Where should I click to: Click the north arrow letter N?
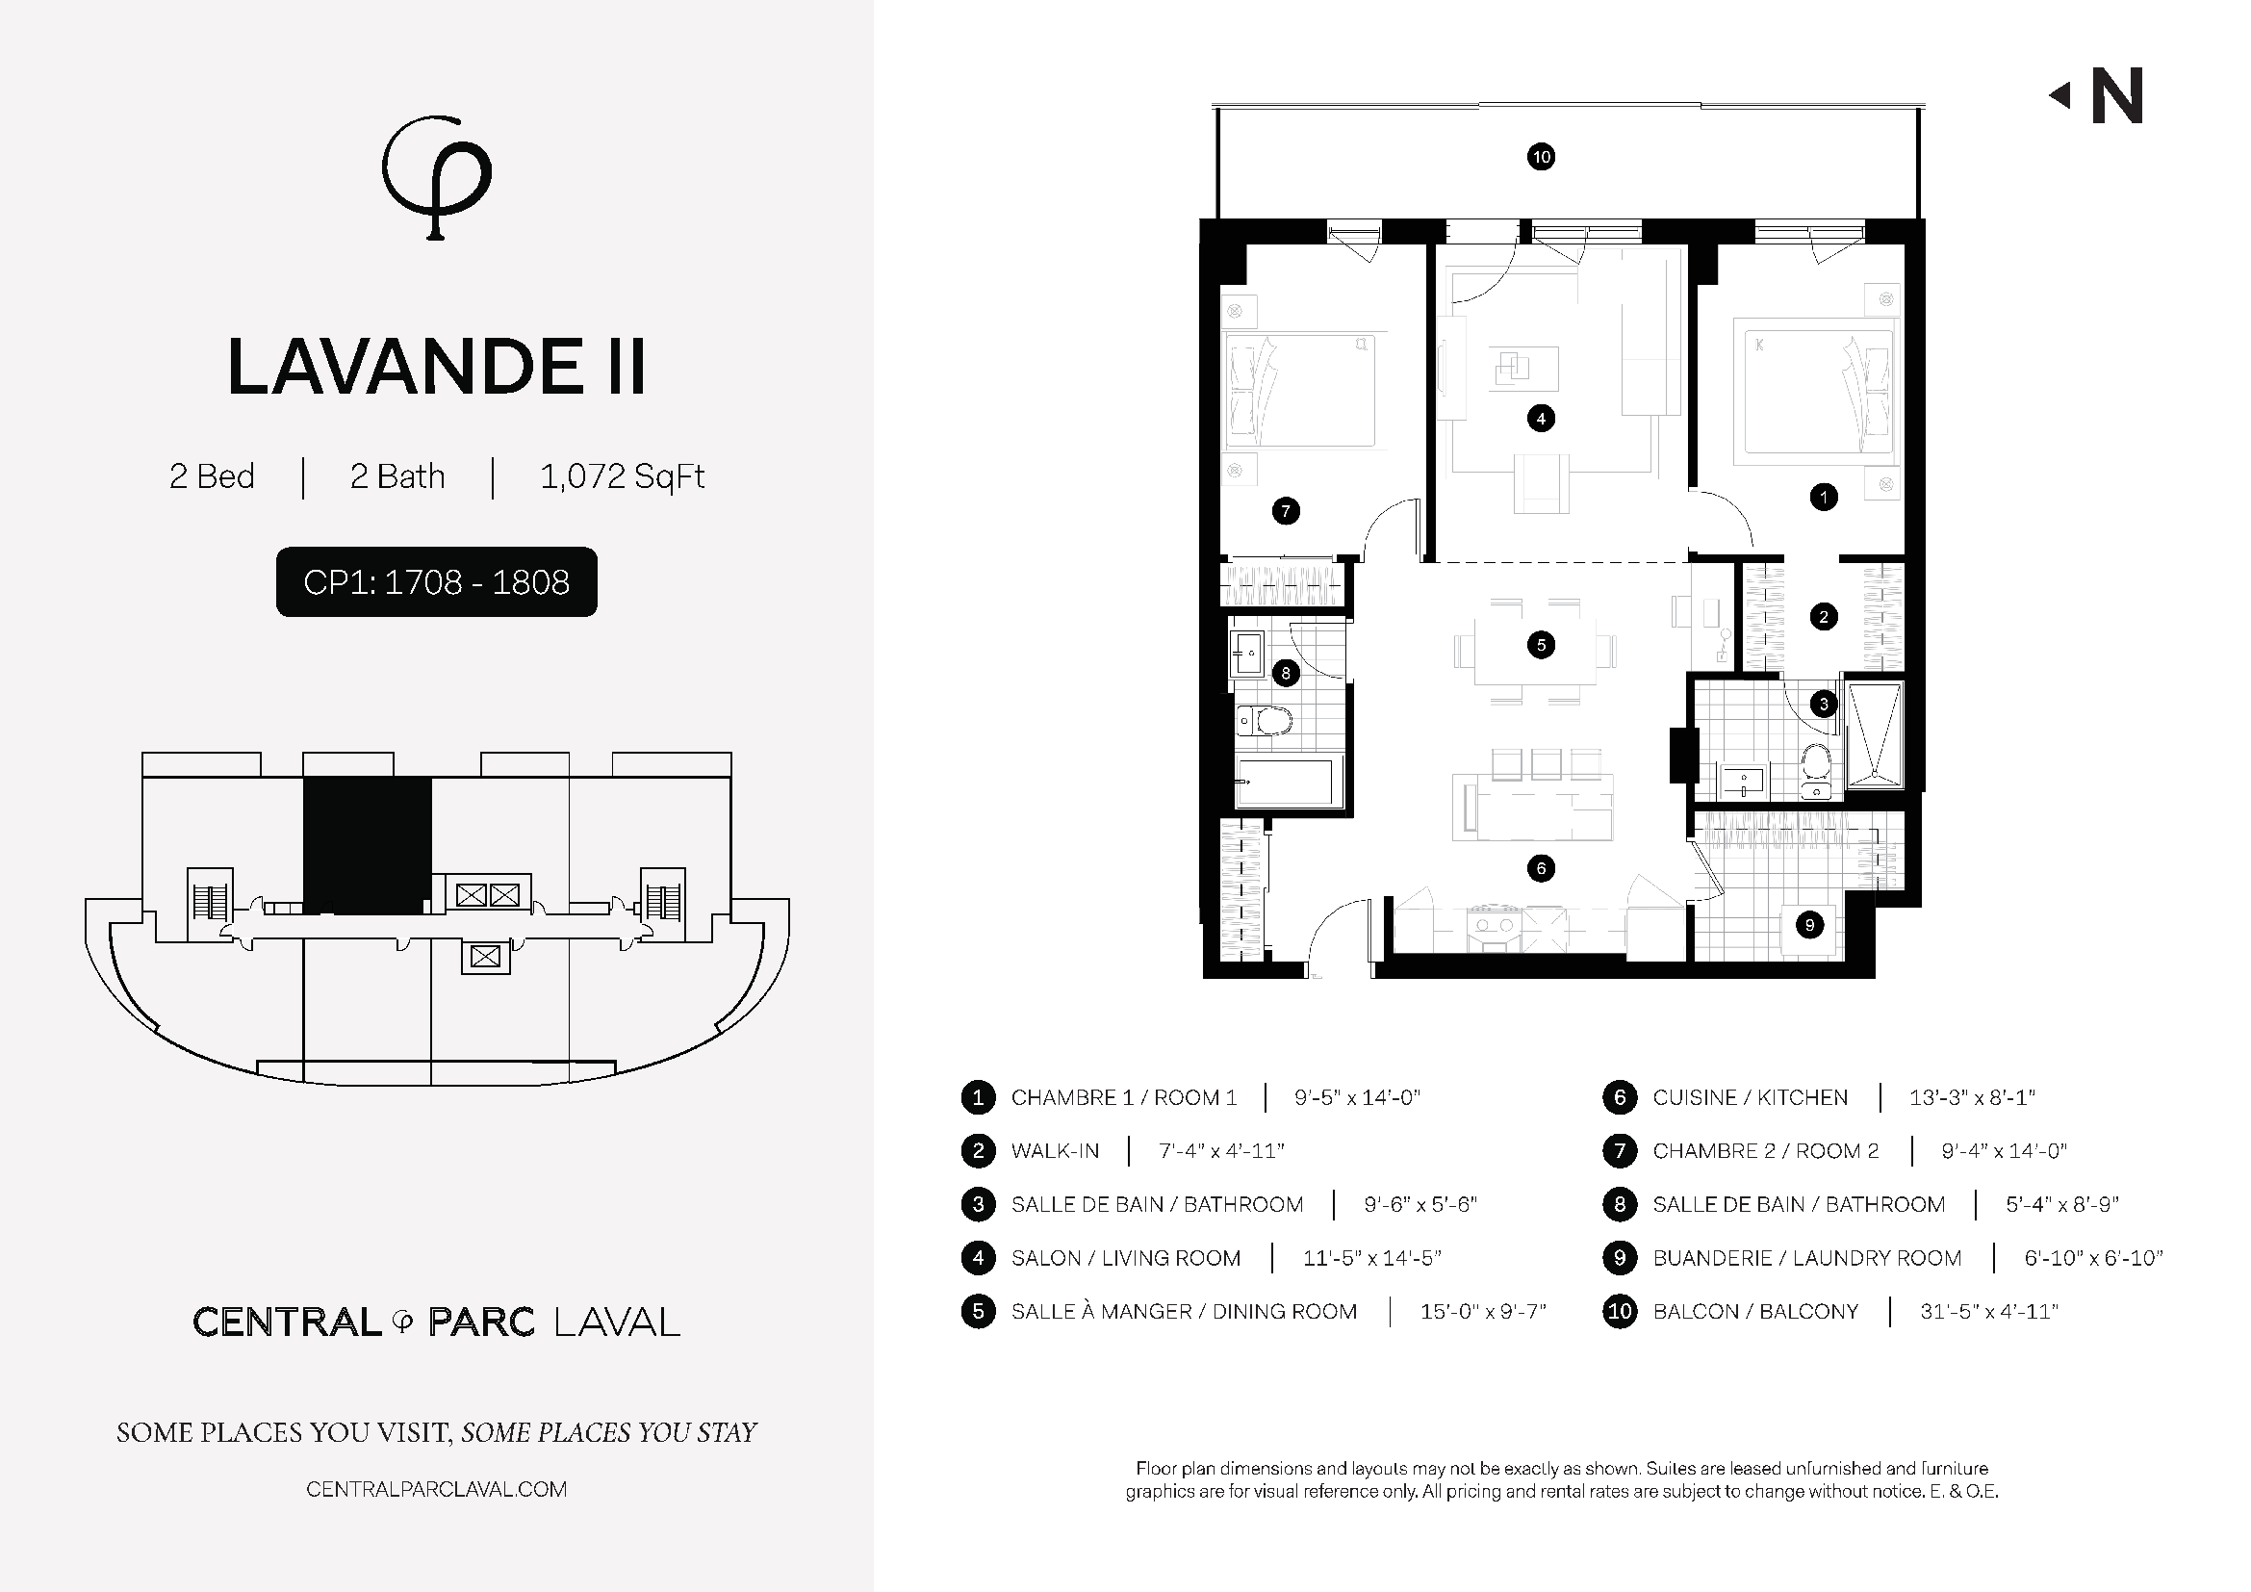[2116, 96]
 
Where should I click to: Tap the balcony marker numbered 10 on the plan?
[1541, 157]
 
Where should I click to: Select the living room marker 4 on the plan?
[1541, 419]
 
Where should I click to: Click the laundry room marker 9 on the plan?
[1810, 924]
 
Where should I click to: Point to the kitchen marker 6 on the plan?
[1541, 867]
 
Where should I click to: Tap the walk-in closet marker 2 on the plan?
[1824, 617]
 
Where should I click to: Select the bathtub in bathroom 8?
[1285, 783]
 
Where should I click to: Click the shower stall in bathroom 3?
[1875, 735]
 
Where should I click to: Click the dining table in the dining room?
[1535, 652]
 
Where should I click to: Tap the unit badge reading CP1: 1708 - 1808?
[436, 582]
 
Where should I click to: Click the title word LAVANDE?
[405, 368]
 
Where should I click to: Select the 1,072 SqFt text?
[623, 476]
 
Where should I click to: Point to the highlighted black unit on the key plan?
[368, 846]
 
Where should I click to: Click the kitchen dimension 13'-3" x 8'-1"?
[1972, 1097]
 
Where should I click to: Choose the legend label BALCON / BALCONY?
[1755, 1312]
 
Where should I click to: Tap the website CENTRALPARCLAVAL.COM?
[436, 1489]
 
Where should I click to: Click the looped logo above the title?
[437, 177]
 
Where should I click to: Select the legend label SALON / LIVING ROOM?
[1126, 1258]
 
